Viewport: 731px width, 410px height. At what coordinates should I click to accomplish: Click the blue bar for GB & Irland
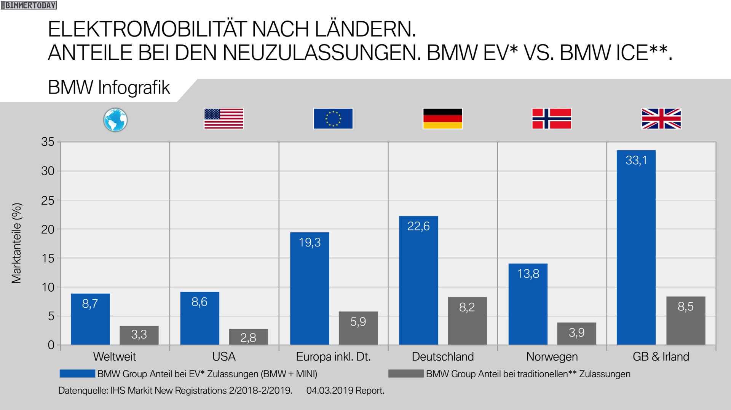tap(636, 247)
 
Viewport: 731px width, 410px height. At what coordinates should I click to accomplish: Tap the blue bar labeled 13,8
tap(528, 304)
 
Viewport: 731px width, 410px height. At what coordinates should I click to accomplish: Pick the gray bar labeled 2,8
tap(248, 337)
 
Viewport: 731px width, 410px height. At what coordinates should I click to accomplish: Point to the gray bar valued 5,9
tap(358, 328)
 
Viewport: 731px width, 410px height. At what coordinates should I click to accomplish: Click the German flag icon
tap(442, 119)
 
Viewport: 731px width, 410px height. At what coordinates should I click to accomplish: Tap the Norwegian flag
tap(552, 119)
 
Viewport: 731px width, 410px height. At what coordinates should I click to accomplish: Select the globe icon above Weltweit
tap(115, 120)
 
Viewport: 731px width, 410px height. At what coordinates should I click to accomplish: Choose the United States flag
tap(224, 119)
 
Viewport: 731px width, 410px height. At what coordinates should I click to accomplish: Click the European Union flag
tap(333, 119)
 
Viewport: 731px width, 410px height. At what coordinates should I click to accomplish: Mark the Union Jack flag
tap(661, 119)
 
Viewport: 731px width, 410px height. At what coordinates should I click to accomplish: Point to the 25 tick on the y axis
tap(48, 200)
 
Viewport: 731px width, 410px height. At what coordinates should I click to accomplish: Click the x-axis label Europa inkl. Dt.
tap(333, 357)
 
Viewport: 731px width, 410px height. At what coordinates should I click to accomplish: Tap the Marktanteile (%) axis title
tap(17, 243)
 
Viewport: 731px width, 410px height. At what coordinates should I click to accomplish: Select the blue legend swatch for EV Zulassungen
tap(77, 374)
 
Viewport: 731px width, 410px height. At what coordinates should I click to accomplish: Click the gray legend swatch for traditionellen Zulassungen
tap(406, 374)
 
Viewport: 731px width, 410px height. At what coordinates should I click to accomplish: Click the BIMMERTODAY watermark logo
tap(29, 5)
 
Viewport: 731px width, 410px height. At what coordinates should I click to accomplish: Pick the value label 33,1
tap(636, 161)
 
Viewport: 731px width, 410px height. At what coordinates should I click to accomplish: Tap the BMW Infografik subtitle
tap(109, 87)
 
